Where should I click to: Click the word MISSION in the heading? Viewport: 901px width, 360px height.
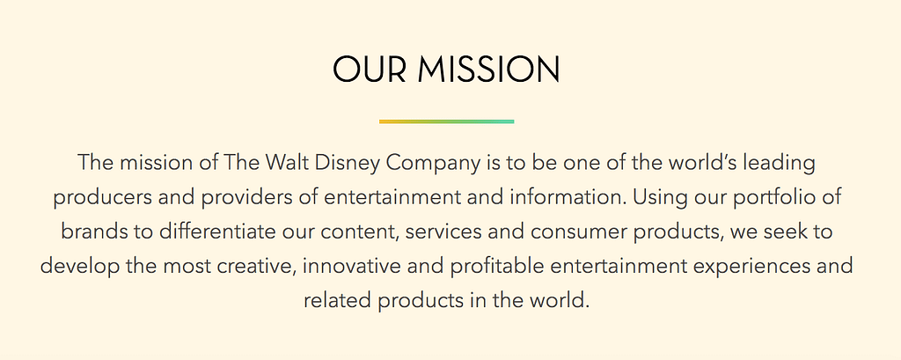tap(488, 70)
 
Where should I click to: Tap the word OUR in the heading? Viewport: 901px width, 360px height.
tap(370, 70)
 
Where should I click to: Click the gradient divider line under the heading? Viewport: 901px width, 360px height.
tap(446, 121)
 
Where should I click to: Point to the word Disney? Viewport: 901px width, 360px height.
tap(348, 164)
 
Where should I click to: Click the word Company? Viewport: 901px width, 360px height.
tap(433, 164)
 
